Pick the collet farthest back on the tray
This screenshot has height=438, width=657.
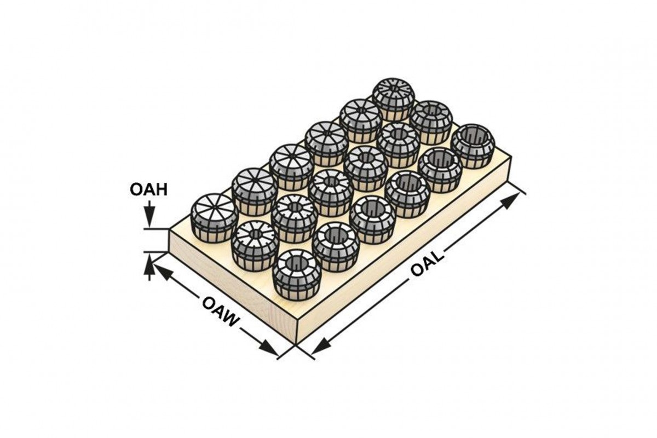[x=394, y=99]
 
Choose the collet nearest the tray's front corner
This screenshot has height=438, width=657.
[x=296, y=273]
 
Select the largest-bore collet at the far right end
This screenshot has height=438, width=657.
[x=472, y=145]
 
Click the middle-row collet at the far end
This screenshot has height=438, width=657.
[x=431, y=122]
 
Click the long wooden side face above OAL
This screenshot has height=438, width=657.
[x=405, y=246]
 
